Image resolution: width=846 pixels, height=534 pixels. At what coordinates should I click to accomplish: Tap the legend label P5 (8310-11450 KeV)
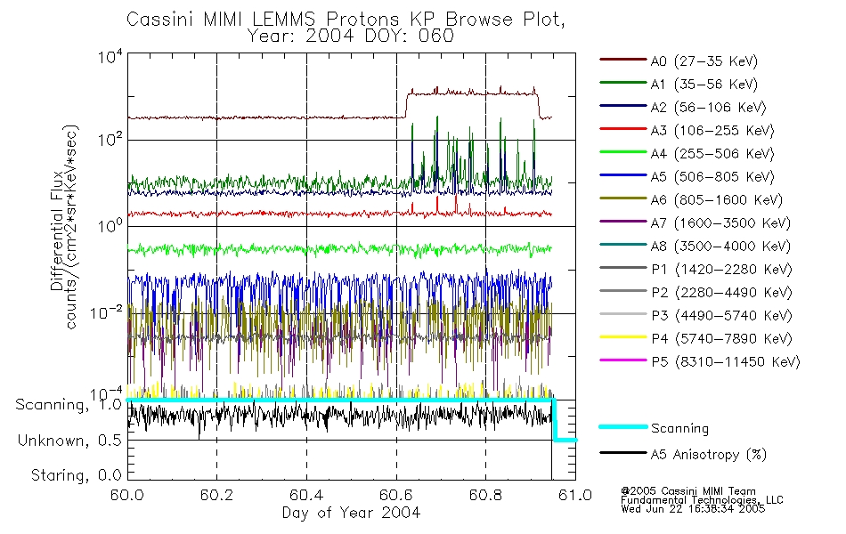pyautogui.click(x=725, y=362)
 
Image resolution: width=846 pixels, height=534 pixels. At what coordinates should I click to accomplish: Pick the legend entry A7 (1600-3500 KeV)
pyautogui.click(x=720, y=223)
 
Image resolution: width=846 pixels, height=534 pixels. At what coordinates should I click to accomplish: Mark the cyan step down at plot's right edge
pyautogui.click(x=554, y=420)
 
